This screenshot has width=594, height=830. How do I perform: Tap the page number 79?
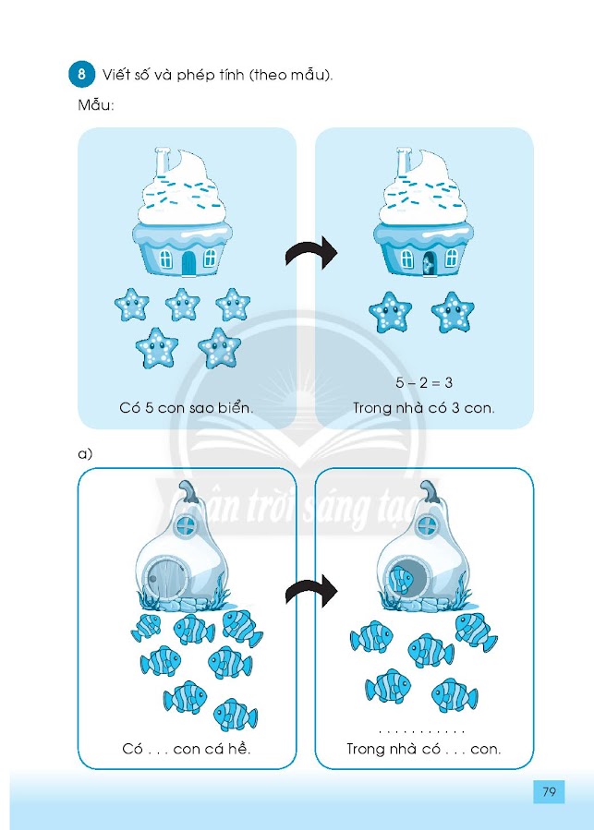click(549, 792)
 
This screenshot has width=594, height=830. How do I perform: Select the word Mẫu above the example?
click(95, 105)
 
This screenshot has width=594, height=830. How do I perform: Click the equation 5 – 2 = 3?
click(424, 382)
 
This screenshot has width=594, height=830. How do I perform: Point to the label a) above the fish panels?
click(86, 454)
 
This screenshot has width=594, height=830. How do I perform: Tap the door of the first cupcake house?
click(188, 263)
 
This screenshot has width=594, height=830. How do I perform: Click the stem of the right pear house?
click(430, 492)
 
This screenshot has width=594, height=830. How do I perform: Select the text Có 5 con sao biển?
click(186, 406)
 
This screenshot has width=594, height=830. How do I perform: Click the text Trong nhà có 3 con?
click(424, 406)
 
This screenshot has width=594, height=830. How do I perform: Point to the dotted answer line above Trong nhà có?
click(424, 730)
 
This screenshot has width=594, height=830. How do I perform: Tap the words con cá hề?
click(213, 748)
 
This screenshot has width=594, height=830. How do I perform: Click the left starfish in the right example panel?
click(390, 313)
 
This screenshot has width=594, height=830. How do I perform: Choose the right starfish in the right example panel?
click(452, 312)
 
